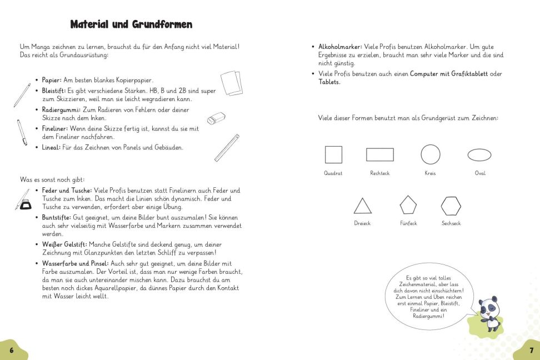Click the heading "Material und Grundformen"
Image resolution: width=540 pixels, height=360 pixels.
(131, 24)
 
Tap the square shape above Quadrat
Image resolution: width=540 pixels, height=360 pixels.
(333, 154)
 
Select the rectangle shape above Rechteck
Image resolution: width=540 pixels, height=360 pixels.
(380, 154)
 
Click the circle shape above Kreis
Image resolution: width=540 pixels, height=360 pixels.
(431, 154)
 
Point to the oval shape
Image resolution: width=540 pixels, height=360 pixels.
(479, 154)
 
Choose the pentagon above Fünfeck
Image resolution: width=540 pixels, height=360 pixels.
(408, 205)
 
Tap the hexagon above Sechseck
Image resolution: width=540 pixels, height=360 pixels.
(451, 206)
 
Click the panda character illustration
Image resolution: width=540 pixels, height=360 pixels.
(489, 313)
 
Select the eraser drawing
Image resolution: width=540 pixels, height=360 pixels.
(216, 118)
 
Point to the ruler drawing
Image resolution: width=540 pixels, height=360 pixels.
(227, 147)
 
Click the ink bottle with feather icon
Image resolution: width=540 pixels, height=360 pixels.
(22, 200)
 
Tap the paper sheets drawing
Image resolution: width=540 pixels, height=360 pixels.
(232, 84)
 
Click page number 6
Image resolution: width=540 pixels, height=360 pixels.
(11, 351)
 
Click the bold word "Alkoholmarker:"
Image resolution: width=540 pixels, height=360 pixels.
(341, 47)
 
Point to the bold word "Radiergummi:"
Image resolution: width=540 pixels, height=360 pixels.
(61, 109)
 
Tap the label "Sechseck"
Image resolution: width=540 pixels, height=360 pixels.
(451, 223)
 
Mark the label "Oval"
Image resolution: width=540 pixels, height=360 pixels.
(480, 173)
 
